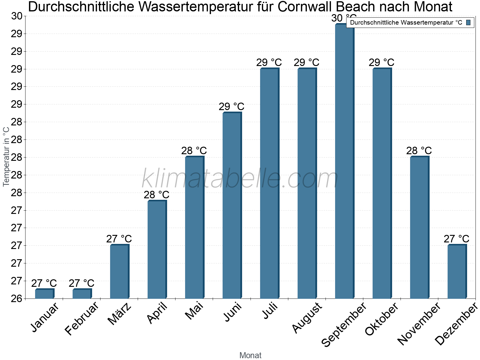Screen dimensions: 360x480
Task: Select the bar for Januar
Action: tap(44, 294)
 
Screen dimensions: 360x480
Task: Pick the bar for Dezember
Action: tap(457, 271)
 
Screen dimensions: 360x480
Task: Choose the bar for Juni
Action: tap(232, 205)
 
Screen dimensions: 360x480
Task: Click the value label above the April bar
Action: tap(156, 195)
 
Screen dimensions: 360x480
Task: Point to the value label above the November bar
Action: tap(419, 151)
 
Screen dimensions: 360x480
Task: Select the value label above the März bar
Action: tap(119, 239)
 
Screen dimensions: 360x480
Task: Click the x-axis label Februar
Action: tap(82, 319)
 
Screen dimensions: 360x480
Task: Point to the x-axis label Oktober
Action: tap(381, 319)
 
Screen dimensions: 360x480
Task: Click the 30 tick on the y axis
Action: tap(17, 16)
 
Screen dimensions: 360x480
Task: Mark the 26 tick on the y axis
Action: tap(17, 299)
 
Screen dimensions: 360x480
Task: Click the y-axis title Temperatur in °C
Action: tap(6, 157)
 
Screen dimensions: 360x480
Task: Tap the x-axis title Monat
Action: tap(250, 355)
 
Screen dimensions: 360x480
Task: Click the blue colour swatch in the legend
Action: tap(468, 22)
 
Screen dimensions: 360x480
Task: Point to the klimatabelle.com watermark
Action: tap(240, 179)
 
